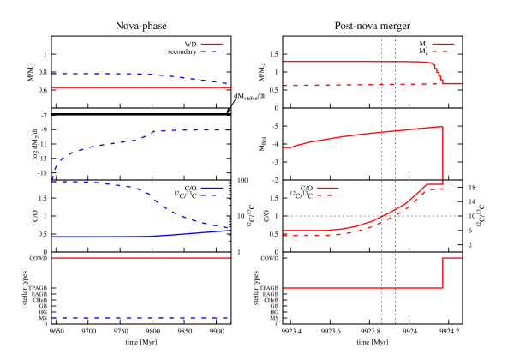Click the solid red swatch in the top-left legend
pos(212,44)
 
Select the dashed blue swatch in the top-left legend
pos(212,51)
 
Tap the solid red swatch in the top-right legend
pos(443,44)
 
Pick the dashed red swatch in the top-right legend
pos(443,51)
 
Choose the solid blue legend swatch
pos(212,188)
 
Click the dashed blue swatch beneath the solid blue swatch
pos(212,195)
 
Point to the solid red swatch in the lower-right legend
pos(327,188)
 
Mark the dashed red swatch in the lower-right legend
pos(327,195)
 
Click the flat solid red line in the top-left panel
pos(137,87)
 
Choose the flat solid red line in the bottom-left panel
pos(137,257)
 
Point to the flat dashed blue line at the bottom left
pos(137,318)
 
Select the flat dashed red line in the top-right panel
pos(360,85)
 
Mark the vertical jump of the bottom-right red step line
pos(443,273)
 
